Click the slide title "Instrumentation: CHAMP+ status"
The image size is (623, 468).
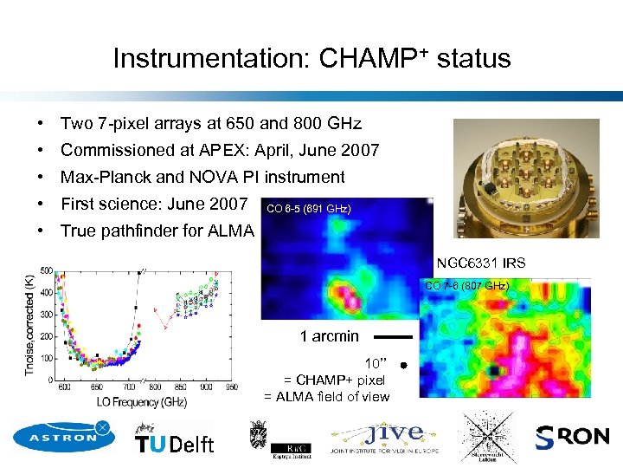pos(311,58)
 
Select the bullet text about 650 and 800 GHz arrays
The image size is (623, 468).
pos(210,123)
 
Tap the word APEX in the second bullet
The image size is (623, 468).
pos(230,151)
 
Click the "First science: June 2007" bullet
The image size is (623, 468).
pos(154,205)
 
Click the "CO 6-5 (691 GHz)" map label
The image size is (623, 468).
pos(309,209)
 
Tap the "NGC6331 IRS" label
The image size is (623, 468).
pos(480,263)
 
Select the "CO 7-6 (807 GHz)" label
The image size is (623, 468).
pos(466,286)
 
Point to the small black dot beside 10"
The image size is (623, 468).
pos(404,367)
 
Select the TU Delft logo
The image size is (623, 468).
pos(174,439)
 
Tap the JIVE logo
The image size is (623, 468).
pos(384,437)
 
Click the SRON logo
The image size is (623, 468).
pos(572,438)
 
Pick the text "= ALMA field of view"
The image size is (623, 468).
pos(326,397)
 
